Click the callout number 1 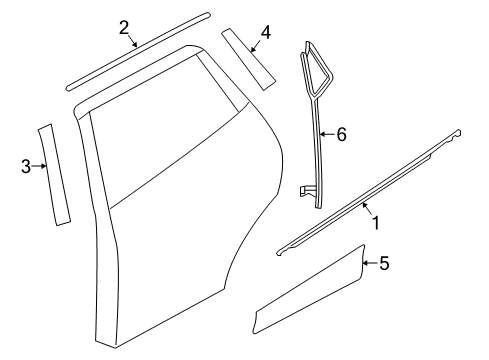tap(376, 223)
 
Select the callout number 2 tap(124, 27)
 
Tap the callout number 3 tap(26, 166)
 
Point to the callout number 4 tap(266, 33)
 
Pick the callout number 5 tap(384, 263)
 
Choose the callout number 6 tap(342, 135)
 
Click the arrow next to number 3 tap(39, 166)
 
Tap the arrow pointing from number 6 tap(327, 134)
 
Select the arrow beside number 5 tap(370, 263)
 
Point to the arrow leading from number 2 tap(132, 40)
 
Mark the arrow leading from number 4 tap(256, 46)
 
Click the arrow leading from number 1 tap(367, 209)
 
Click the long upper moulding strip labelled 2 tap(138, 52)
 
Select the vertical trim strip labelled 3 tap(53, 175)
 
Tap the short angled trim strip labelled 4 tap(248, 59)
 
